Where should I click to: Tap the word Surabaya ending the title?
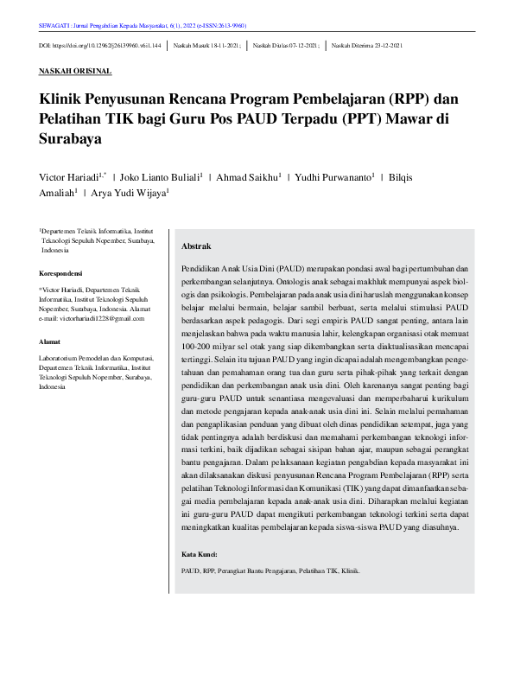(x=71, y=137)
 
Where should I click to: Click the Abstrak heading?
(x=196, y=246)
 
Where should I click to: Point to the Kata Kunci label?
(x=200, y=553)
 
